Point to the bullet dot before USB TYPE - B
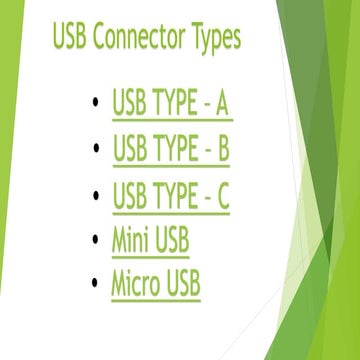[x=94, y=149]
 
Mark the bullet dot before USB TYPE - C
[x=94, y=195]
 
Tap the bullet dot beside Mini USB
[x=94, y=240]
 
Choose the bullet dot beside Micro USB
[x=94, y=284]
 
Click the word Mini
[x=130, y=240]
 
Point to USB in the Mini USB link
[x=171, y=240]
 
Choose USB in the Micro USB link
[x=183, y=284]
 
